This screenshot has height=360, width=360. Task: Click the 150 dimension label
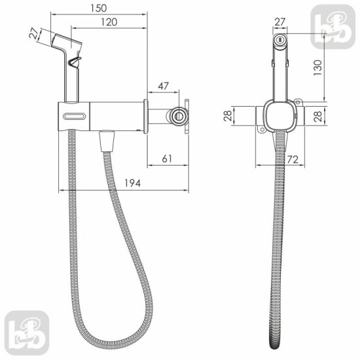pyautogui.click(x=99, y=9)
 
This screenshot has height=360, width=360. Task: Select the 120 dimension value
pyautogui.click(x=109, y=22)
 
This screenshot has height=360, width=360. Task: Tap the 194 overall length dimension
pyautogui.click(x=132, y=183)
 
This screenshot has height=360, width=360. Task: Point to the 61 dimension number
pyautogui.click(x=167, y=159)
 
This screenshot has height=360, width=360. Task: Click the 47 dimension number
pyautogui.click(x=163, y=86)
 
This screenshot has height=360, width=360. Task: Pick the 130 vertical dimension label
pyautogui.click(x=318, y=67)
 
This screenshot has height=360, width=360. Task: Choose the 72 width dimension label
pyautogui.click(x=293, y=160)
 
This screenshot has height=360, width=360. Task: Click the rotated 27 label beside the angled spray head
pyautogui.click(x=35, y=33)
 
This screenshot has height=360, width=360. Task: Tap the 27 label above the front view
pyautogui.click(x=280, y=22)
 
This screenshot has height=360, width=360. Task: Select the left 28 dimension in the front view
pyautogui.click(x=228, y=116)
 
